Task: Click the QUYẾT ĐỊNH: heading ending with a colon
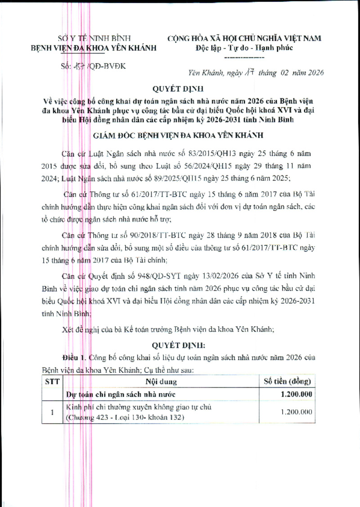(179, 346)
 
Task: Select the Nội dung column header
(161, 381)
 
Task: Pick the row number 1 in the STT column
(52, 412)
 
